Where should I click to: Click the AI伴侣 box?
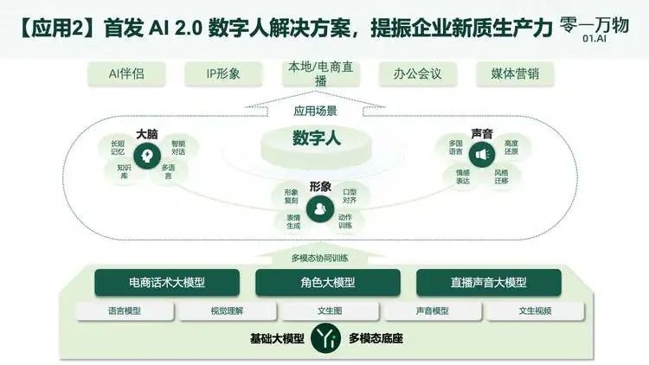pyautogui.click(x=126, y=74)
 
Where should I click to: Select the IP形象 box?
pyautogui.click(x=223, y=74)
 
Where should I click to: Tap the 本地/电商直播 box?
pyautogui.click(x=321, y=74)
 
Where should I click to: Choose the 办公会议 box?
pyautogui.click(x=418, y=74)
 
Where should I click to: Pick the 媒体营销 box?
pyautogui.click(x=515, y=74)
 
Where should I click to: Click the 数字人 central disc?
pyautogui.click(x=316, y=145)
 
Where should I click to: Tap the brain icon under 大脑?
pyautogui.click(x=147, y=156)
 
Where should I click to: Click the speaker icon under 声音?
pyautogui.click(x=482, y=155)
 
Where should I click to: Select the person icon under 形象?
pyautogui.click(x=320, y=208)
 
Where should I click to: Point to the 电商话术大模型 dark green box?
pyautogui.click(x=167, y=283)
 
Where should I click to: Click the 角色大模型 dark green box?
pyautogui.click(x=328, y=283)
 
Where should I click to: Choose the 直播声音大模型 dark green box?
pyautogui.click(x=489, y=283)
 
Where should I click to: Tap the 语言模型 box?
pyautogui.click(x=125, y=311)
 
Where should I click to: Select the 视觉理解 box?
pyautogui.click(x=228, y=311)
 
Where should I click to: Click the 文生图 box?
pyautogui.click(x=330, y=311)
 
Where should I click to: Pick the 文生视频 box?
pyautogui.click(x=535, y=311)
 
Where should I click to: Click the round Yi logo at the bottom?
pyautogui.click(x=325, y=338)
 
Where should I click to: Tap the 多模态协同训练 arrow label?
pyautogui.click(x=319, y=259)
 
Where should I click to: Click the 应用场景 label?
pyautogui.click(x=315, y=111)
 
